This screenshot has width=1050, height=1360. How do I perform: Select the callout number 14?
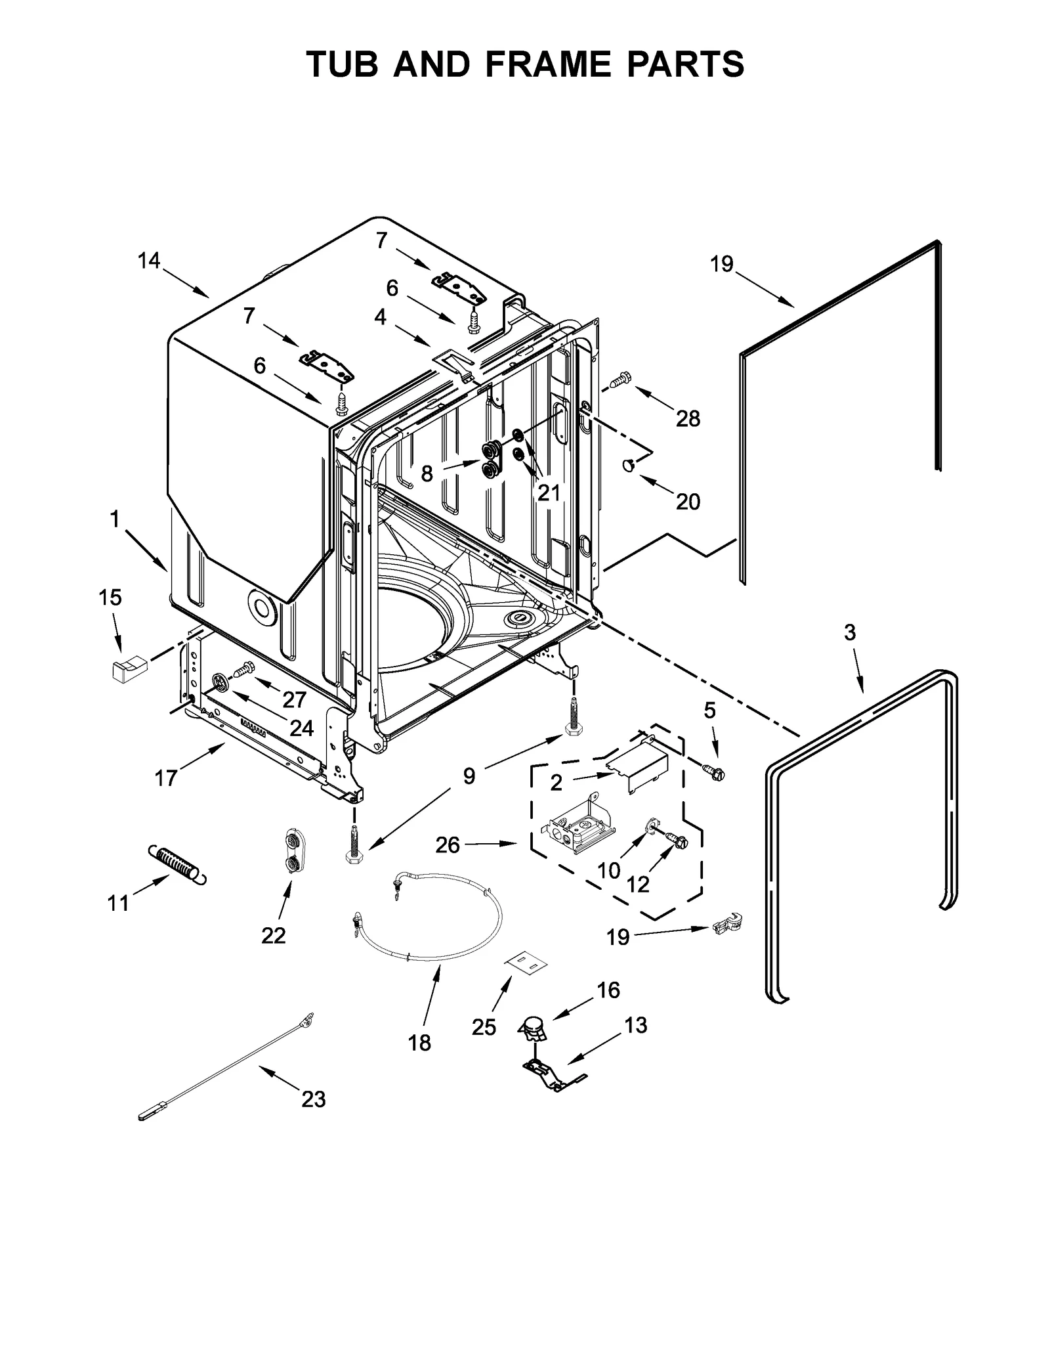(149, 261)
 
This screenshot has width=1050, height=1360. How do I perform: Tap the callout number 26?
(448, 845)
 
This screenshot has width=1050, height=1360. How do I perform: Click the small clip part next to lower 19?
(727, 924)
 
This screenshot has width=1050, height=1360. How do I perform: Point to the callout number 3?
(850, 632)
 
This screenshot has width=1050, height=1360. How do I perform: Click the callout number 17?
(166, 778)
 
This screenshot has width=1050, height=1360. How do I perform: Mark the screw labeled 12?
(676, 840)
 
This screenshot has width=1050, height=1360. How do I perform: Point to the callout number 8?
(427, 473)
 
